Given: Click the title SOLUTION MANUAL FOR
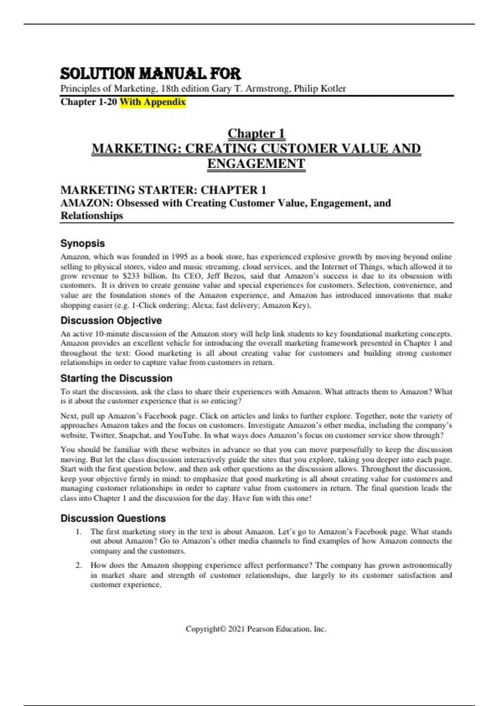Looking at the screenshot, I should pos(151,74).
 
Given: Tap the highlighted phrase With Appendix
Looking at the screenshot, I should pos(153,102).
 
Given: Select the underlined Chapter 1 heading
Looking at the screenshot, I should pos(256,134).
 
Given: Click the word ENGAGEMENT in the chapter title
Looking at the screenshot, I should pos(256,164).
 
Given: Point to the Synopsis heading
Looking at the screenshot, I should pos(83,243).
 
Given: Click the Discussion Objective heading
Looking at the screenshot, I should pos(111,321).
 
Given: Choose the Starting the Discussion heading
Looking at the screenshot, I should pos(116,378).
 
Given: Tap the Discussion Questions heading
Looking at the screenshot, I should pos(113,518).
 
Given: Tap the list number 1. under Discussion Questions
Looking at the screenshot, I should pos(79,532).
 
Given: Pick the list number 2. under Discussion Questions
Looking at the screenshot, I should pos(79,565).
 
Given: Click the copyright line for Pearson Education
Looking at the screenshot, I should pos(256,629).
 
